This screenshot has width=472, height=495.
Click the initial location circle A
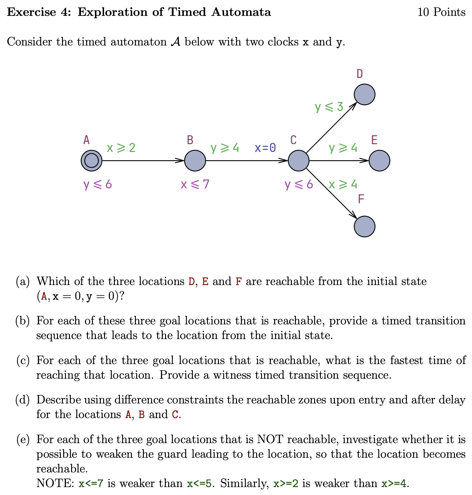[91, 161]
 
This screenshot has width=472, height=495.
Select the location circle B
[195, 161]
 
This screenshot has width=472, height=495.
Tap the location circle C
[299, 161]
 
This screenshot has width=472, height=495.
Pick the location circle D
[365, 95]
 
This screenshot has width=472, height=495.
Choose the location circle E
[379, 161]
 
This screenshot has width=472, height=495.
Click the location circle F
[365, 226]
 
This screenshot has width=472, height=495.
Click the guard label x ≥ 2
[121, 148]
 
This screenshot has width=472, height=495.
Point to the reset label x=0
[265, 148]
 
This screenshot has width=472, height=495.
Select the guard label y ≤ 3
[329, 107]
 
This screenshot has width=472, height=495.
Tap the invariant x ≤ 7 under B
[195, 184]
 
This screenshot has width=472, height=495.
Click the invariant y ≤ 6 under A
[98, 184]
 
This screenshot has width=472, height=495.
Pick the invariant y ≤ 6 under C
[299, 184]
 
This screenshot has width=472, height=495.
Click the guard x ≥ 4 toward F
[343, 184]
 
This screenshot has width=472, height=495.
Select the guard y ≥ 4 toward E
[343, 148]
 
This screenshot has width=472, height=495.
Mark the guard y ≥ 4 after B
[225, 148]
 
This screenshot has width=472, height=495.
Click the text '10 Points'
[441, 12]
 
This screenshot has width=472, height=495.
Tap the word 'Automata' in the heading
[241, 12]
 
